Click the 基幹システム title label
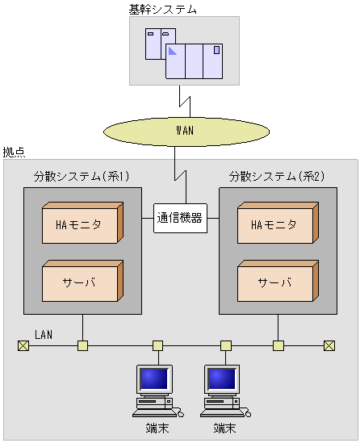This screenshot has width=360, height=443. click(x=163, y=9)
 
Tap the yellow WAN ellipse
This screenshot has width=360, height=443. click(x=185, y=130)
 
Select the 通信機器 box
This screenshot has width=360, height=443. click(x=179, y=217)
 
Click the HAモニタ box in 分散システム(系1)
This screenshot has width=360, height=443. click(x=81, y=224)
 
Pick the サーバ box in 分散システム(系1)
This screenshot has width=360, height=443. click(x=81, y=282)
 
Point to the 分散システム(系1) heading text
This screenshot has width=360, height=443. click(x=82, y=175)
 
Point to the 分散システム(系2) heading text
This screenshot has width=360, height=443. click(x=276, y=175)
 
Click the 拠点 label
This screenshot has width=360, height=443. click(x=14, y=152)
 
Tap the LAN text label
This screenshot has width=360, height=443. click(x=44, y=334)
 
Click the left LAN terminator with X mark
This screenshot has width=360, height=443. click(x=23, y=346)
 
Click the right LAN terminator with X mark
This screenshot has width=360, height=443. click(x=329, y=346)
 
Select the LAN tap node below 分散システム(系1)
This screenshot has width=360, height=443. click(x=82, y=346)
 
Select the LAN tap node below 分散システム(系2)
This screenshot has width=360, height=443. click(x=278, y=346)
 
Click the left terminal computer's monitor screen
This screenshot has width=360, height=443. click(x=154, y=378)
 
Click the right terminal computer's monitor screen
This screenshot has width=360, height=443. click(x=221, y=378)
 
